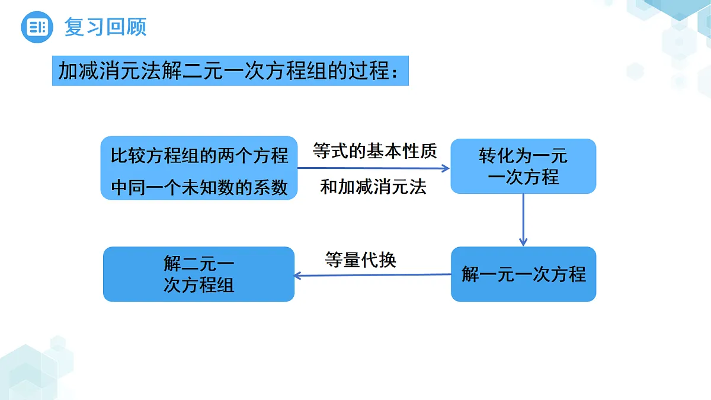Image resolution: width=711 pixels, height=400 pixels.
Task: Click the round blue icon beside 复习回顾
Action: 37,27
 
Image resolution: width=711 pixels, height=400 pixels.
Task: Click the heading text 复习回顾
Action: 105,27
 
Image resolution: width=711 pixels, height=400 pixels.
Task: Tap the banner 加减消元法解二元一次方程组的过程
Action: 230,71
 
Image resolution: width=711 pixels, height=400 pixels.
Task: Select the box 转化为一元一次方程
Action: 523,166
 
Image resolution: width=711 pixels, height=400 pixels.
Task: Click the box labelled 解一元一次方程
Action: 523,274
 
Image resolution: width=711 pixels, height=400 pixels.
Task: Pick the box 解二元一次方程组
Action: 198,274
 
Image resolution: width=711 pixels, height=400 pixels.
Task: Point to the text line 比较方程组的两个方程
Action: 199,155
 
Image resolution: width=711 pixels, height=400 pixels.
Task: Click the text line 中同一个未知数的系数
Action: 199,187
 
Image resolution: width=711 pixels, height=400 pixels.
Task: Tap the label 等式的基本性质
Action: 374,151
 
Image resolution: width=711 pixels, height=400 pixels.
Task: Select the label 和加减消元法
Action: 373,186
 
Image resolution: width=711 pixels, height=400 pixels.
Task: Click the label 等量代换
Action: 361,260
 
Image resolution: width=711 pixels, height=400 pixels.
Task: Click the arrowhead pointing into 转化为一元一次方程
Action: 446,168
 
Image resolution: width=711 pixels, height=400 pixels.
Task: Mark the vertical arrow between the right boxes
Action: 523,220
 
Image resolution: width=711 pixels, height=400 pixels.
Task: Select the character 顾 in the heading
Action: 136,27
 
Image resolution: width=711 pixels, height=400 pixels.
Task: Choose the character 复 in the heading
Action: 74,27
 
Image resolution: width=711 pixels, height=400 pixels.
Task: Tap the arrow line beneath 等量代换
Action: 373,275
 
